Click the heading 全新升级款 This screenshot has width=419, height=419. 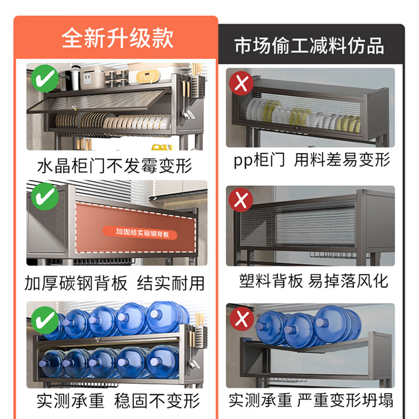point(117,39)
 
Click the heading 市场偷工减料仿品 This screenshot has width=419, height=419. point(309,46)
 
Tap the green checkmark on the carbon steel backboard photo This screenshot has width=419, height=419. point(45,197)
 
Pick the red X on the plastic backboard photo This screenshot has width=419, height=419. point(241,201)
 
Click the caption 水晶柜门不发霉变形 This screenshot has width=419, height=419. point(115,166)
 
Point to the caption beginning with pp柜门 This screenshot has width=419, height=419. point(312,160)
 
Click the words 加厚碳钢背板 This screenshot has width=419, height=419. point(76,283)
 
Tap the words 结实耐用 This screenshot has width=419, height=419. point(170,283)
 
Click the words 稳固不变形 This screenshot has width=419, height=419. point(157,401)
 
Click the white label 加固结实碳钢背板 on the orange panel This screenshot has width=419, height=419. point(142,231)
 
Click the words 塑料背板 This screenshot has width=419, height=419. point(271,281)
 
